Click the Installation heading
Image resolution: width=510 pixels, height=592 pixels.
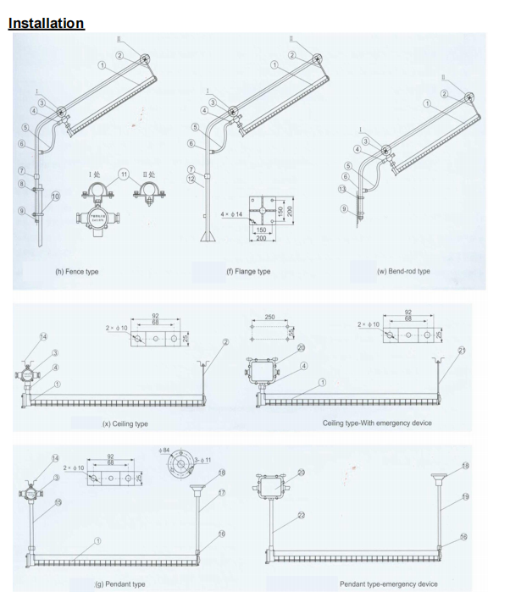[46, 23]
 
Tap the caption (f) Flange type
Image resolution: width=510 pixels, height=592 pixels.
[248, 271]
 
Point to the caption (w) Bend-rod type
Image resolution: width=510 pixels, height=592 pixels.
[402, 271]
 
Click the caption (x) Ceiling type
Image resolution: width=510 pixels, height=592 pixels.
[125, 423]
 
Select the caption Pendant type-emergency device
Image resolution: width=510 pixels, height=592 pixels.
[389, 584]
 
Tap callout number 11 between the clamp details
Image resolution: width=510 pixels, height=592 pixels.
[124, 174]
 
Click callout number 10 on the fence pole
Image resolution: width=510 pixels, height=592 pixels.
[56, 196]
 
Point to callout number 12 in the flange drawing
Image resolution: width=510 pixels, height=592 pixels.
[191, 178]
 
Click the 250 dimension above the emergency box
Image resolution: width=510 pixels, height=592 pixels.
[268, 317]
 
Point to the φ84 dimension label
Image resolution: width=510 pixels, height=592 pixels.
[165, 451]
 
